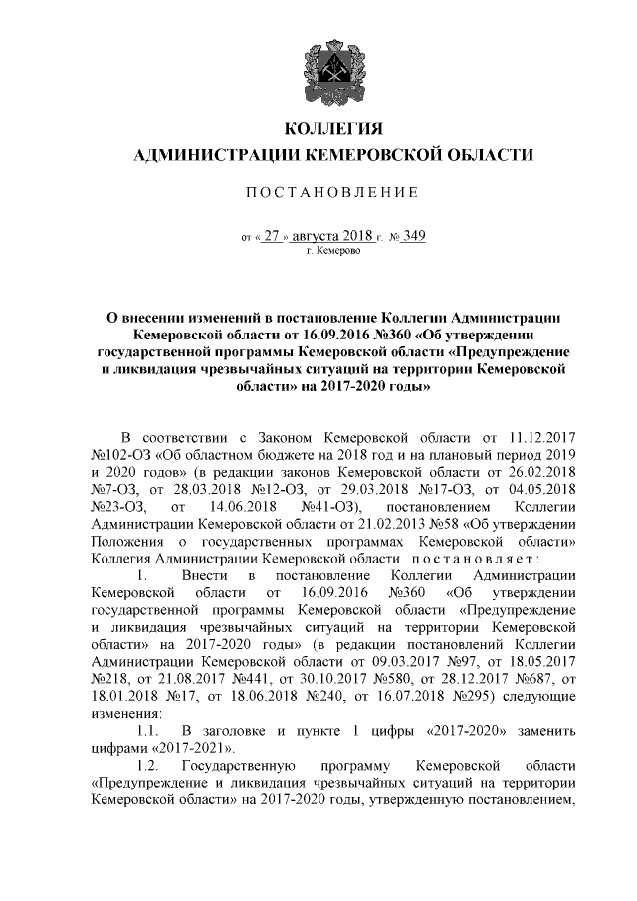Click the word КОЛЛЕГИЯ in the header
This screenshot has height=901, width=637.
coord(333,129)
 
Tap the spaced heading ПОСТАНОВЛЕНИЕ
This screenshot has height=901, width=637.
coord(333,191)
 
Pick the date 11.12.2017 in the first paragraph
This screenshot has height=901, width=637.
coord(542,437)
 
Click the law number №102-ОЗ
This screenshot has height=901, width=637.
coord(119,455)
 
